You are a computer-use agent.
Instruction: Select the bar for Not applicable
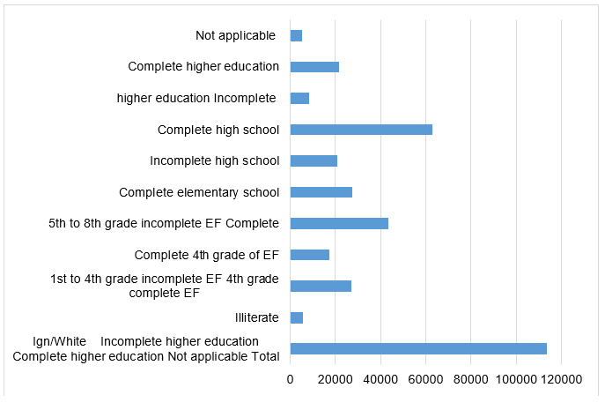(296, 35)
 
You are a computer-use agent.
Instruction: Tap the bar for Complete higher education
(314, 67)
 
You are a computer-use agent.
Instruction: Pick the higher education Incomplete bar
(299, 98)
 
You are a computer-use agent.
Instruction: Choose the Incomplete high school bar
(314, 160)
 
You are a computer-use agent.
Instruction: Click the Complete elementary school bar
(321, 192)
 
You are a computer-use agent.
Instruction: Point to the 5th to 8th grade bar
(339, 223)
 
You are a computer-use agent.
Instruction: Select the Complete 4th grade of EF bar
(310, 255)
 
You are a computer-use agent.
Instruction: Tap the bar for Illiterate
(297, 317)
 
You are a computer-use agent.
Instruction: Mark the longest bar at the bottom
(418, 348)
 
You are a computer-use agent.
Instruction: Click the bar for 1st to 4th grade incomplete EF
(321, 286)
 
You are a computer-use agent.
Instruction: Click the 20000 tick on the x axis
(336, 379)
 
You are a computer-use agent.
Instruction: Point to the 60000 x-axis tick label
(425, 379)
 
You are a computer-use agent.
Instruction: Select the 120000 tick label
(561, 379)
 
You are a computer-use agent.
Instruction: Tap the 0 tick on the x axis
(291, 379)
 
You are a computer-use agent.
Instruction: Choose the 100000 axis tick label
(516, 379)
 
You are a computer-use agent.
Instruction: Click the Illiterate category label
(257, 317)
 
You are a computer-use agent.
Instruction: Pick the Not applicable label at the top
(236, 35)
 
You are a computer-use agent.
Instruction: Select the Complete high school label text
(218, 130)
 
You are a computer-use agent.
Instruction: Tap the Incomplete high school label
(215, 160)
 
